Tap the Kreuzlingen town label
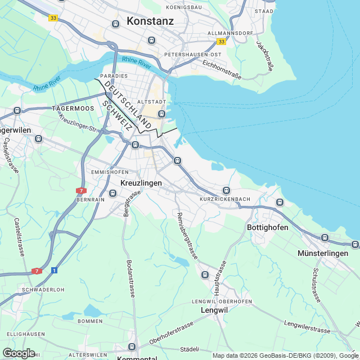[x=141, y=183]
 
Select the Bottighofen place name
[x=268, y=227]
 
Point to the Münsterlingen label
[x=323, y=254]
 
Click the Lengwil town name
[x=214, y=310]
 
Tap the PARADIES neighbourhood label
[x=114, y=75]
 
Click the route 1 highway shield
[x=54, y=270]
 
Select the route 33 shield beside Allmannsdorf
[x=222, y=42]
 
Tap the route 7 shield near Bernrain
[x=82, y=191]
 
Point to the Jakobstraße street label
[x=265, y=55]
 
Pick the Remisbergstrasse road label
[x=187, y=236]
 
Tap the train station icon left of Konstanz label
[x=116, y=24]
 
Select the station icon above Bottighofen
[x=280, y=202]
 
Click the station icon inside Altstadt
[x=161, y=114]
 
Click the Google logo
[x=19, y=353]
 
